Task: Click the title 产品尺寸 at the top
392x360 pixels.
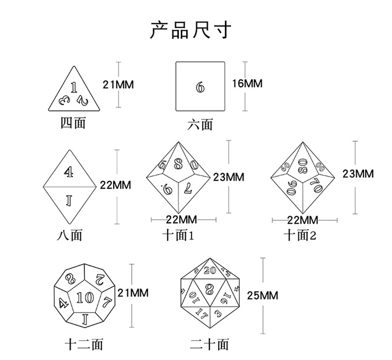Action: pyautogui.click(x=191, y=30)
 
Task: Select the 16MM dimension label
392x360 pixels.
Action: pyautogui.click(x=247, y=84)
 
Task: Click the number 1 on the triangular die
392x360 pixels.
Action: pyautogui.click(x=73, y=87)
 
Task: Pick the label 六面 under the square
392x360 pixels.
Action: pyautogui.click(x=200, y=125)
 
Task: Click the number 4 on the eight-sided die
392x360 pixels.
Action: pyautogui.click(x=69, y=172)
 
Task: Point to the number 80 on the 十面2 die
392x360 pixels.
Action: pyautogui.click(x=302, y=165)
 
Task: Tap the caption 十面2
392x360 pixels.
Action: pyautogui.click(x=300, y=235)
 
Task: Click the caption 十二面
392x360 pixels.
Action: pyautogui.click(x=84, y=344)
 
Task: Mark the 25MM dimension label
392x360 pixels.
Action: pyautogui.click(x=262, y=295)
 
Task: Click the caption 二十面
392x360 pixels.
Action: pyautogui.click(x=209, y=344)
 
